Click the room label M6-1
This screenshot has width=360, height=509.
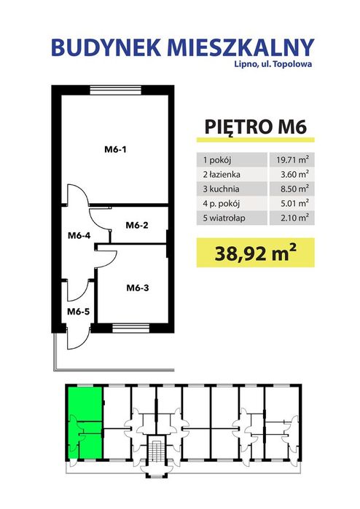click(x=115, y=151)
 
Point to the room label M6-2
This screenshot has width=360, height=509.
click(x=137, y=225)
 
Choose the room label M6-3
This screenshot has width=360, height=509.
click(x=137, y=287)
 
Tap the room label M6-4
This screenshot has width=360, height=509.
click(x=79, y=235)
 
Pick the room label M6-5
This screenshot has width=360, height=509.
click(x=78, y=312)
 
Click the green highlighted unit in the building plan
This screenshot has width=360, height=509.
click(x=85, y=422)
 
